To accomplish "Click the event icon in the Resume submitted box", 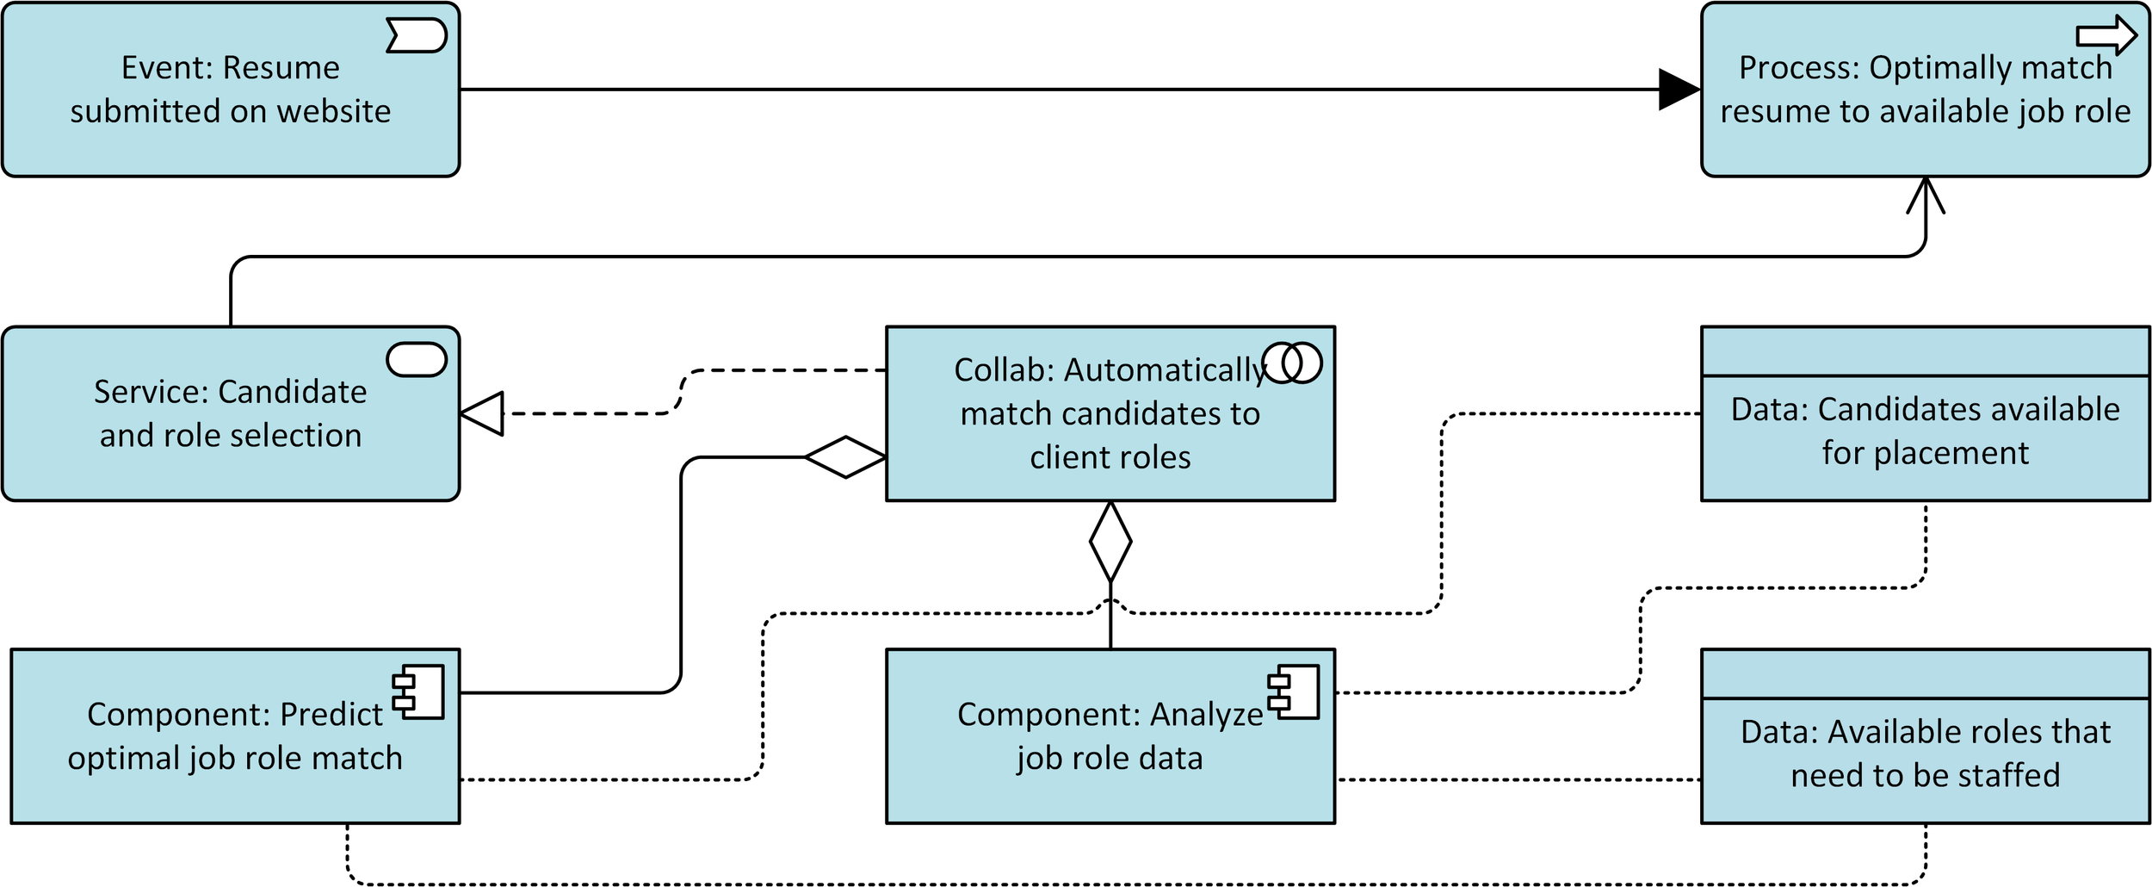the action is (417, 35).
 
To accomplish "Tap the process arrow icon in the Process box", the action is (2106, 35).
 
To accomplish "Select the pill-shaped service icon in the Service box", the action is (417, 359).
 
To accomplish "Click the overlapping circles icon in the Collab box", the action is (1291, 363).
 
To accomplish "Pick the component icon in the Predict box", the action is (418, 692).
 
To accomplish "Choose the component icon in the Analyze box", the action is (1293, 692).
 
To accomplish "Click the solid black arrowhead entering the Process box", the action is (1679, 90).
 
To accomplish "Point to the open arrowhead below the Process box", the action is (1926, 195).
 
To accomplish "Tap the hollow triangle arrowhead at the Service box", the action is (481, 413).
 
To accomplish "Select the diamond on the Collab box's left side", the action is (845, 457).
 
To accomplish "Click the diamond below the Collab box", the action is (1110, 542).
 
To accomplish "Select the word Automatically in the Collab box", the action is (1166, 370).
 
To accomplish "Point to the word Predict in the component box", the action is (331, 714).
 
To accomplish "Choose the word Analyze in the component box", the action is (1206, 715).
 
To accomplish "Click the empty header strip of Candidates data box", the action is (1926, 351).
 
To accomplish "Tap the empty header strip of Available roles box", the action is (1926, 673).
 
